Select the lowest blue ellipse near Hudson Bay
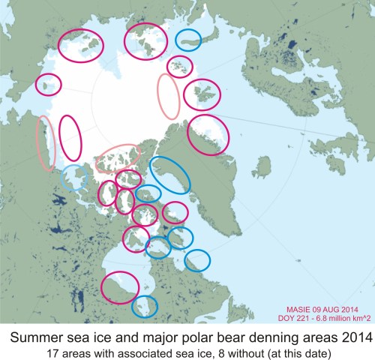(145, 305)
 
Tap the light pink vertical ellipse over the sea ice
(169, 97)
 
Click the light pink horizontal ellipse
(117, 158)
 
